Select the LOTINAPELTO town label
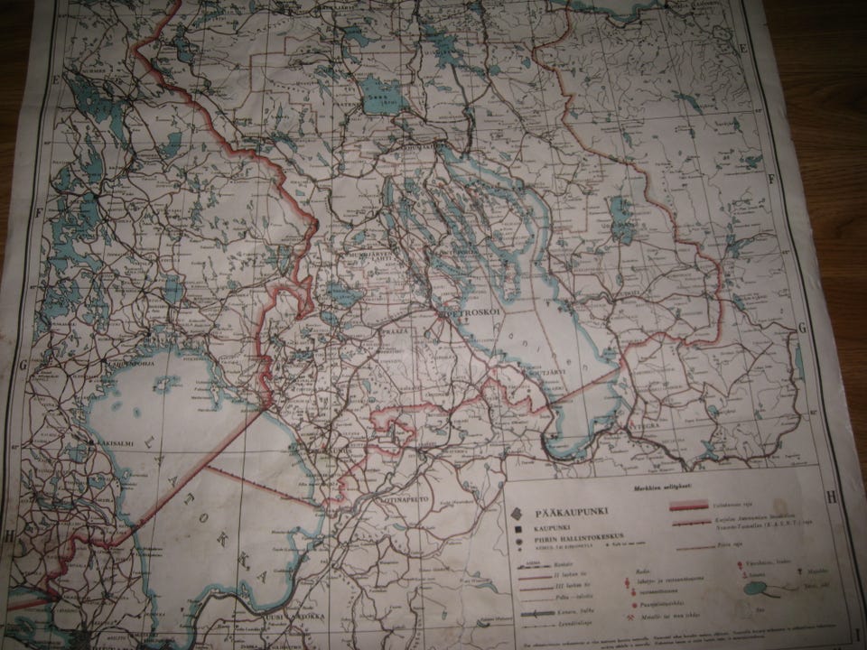[404, 496]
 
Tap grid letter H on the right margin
[832, 495]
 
